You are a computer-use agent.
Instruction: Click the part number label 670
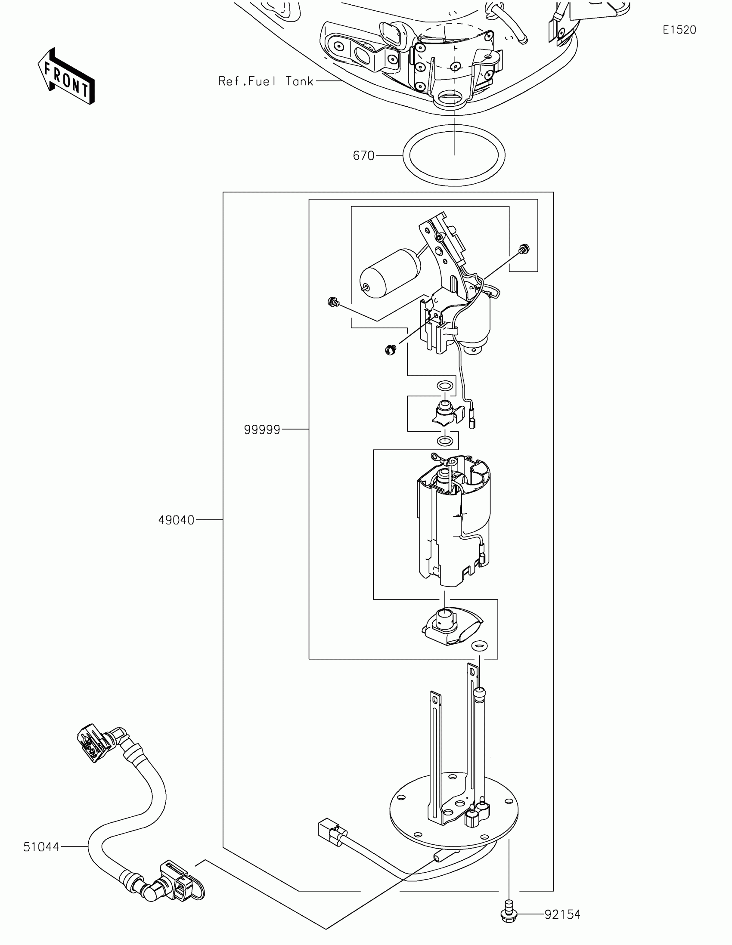click(363, 155)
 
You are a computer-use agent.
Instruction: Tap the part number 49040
click(176, 520)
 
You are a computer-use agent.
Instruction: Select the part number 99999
click(262, 429)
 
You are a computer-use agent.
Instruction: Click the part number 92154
click(562, 914)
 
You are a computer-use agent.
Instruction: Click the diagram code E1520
click(679, 30)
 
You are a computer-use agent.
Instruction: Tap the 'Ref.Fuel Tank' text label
click(265, 81)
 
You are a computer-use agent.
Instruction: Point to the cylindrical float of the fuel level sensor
click(391, 273)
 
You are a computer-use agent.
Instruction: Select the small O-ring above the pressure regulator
click(444, 385)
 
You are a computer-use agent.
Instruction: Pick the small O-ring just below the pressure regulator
click(444, 442)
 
